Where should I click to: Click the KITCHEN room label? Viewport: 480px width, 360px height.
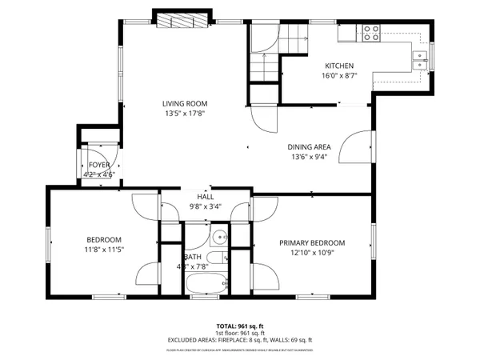pyautogui.click(x=339, y=66)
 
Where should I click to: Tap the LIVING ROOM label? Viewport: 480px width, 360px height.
pyautogui.click(x=185, y=103)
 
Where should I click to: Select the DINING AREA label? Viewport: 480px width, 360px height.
pyautogui.click(x=310, y=146)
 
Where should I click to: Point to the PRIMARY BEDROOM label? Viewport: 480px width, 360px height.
pyautogui.click(x=312, y=243)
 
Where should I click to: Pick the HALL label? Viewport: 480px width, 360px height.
pyautogui.click(x=206, y=196)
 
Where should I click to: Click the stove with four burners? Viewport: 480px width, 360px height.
pyautogui.click(x=372, y=33)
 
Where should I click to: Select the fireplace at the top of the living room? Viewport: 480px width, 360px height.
pyautogui.click(x=182, y=22)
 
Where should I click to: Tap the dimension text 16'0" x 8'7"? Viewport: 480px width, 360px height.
pyautogui.click(x=339, y=76)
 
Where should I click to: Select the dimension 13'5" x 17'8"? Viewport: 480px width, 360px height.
pyautogui.click(x=185, y=114)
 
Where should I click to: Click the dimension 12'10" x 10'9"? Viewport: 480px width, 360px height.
pyautogui.click(x=312, y=254)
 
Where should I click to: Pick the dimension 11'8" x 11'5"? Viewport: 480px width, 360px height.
pyautogui.click(x=104, y=250)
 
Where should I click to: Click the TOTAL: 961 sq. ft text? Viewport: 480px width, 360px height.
pyautogui.click(x=240, y=326)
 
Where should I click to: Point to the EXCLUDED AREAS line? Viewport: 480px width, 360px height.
pyautogui.click(x=240, y=341)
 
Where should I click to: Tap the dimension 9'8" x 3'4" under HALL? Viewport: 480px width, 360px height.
pyautogui.click(x=206, y=206)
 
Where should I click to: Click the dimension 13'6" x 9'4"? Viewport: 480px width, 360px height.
pyautogui.click(x=310, y=157)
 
